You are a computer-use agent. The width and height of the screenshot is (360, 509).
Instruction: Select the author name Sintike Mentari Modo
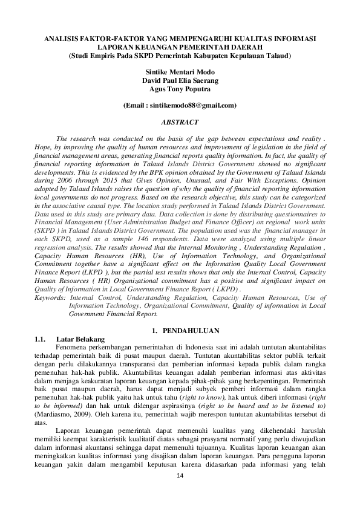click(x=180, y=71)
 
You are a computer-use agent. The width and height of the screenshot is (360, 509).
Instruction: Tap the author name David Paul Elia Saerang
click(x=180, y=80)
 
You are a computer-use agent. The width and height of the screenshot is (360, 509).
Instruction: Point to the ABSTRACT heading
click(x=180, y=122)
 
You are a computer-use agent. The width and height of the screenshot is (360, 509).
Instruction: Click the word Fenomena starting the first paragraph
click(x=71, y=347)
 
